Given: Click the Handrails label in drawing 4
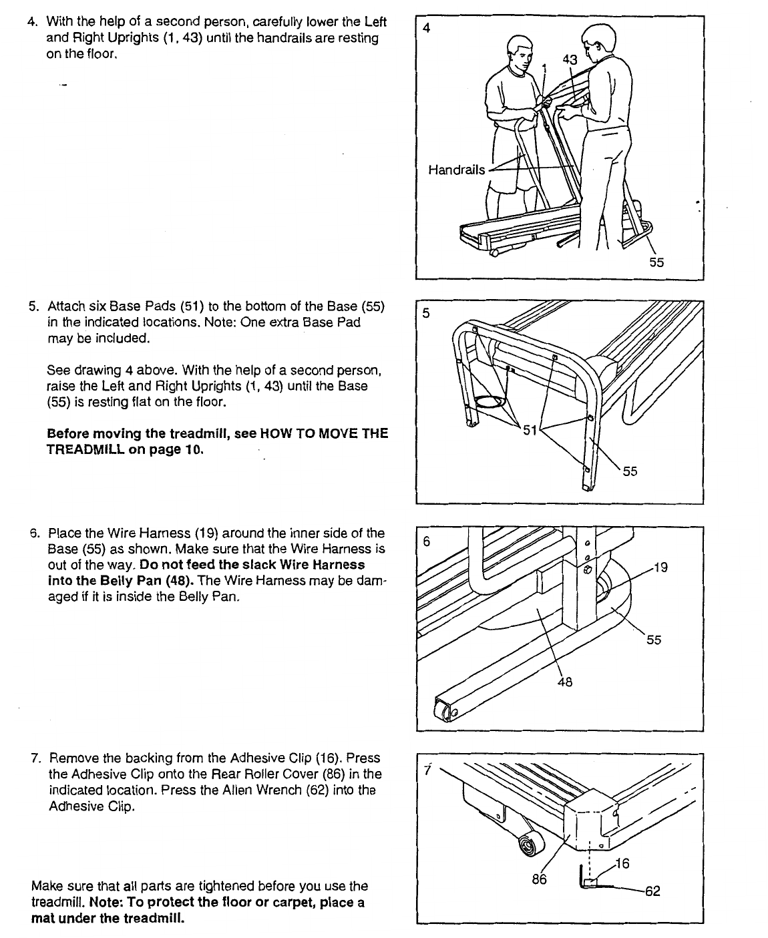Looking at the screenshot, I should click(456, 170).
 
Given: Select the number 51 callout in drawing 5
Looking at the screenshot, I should click(530, 431).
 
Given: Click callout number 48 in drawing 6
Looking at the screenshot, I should click(564, 682).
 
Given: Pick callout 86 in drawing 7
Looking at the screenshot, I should click(539, 879).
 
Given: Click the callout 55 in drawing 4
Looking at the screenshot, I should click(656, 262).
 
